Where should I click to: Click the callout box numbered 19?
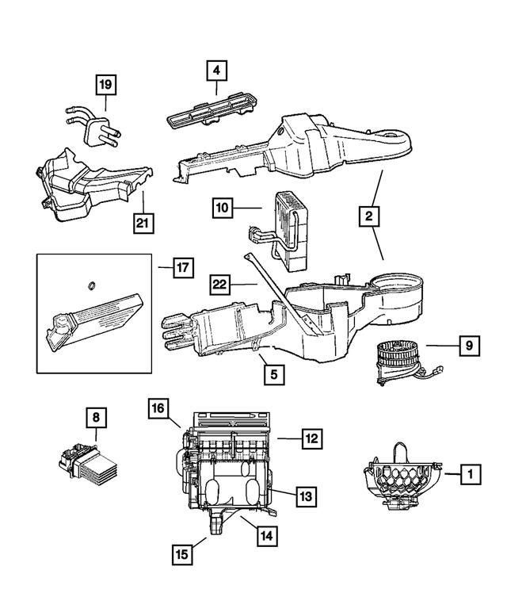106,83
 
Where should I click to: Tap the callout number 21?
142,224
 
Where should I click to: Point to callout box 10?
223,209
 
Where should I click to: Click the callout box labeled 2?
368,215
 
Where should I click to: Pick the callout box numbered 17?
182,269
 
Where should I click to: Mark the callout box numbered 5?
273,372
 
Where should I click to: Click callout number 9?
468,346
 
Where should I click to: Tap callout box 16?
158,409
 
